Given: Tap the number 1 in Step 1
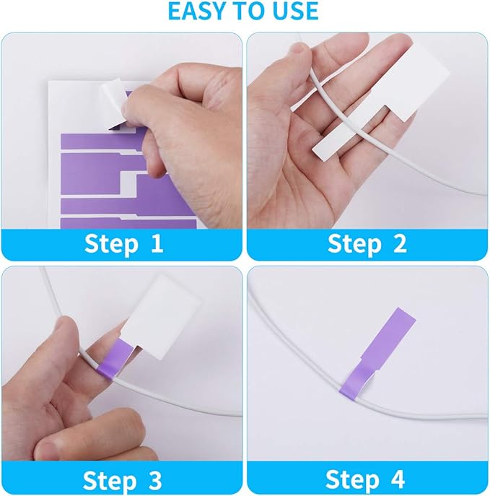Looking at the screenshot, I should [x=157, y=243].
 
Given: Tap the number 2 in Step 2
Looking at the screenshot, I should [x=398, y=243].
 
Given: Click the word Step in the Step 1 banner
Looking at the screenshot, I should [x=110, y=243].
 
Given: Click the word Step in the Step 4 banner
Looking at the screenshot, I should [x=353, y=479].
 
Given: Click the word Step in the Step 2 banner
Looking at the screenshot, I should [x=354, y=243].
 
